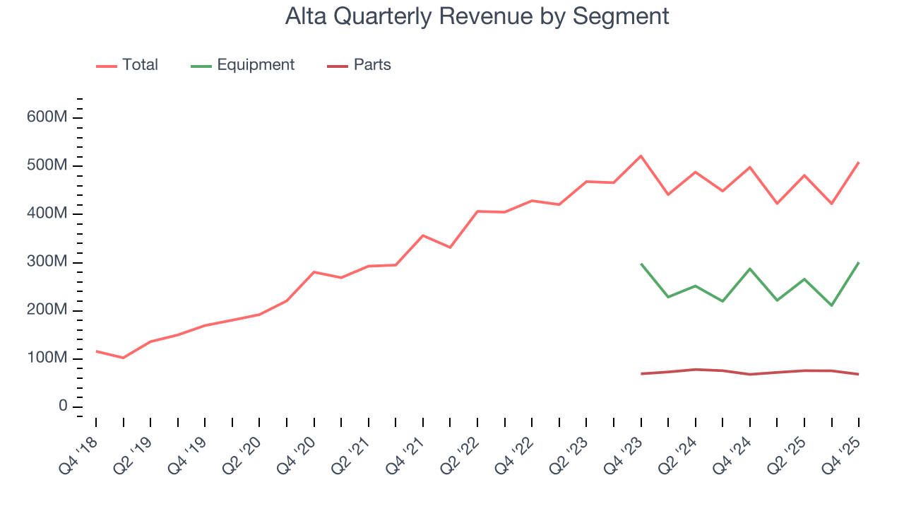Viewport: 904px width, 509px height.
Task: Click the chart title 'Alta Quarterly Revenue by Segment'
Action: click(x=477, y=16)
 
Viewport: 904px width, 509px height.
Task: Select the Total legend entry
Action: click(x=139, y=65)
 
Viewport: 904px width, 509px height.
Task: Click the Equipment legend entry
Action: click(x=255, y=65)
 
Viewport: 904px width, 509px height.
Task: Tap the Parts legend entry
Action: click(x=371, y=65)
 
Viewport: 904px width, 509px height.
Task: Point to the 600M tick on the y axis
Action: click(x=47, y=117)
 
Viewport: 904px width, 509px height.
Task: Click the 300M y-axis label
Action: click(x=47, y=262)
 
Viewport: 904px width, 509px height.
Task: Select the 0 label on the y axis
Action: click(x=62, y=407)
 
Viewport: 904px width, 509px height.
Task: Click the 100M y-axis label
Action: click(x=47, y=359)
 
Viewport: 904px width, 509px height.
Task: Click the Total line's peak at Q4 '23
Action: click(x=641, y=156)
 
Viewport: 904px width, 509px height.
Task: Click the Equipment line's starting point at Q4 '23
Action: click(x=641, y=264)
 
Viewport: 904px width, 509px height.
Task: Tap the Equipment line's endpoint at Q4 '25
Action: click(x=858, y=262)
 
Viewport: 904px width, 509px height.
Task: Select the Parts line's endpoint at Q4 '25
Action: click(x=858, y=374)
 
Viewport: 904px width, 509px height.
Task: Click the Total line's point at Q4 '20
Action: click(x=314, y=272)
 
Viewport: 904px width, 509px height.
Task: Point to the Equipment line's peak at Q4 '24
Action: click(x=749, y=269)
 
